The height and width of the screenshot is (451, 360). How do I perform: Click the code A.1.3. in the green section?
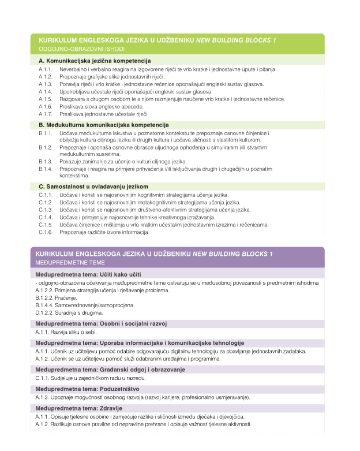[x=46, y=84]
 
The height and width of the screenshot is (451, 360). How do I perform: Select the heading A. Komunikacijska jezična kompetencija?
[x=95, y=61]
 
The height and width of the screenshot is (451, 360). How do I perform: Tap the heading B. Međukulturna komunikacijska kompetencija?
[x=103, y=125]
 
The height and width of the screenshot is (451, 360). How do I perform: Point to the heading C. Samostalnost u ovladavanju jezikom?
[x=93, y=187]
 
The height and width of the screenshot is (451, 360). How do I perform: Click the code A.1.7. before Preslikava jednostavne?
[x=46, y=114]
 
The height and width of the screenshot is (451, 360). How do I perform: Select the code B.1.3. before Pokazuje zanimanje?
[x=46, y=161]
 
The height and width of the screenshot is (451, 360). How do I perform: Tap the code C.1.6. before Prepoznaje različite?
[x=46, y=232]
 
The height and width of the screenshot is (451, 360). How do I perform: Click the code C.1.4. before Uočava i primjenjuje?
[x=46, y=217]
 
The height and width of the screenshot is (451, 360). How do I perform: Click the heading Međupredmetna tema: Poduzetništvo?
[x=85, y=389]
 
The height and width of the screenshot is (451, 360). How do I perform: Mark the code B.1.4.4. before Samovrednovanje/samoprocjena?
[x=44, y=305]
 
